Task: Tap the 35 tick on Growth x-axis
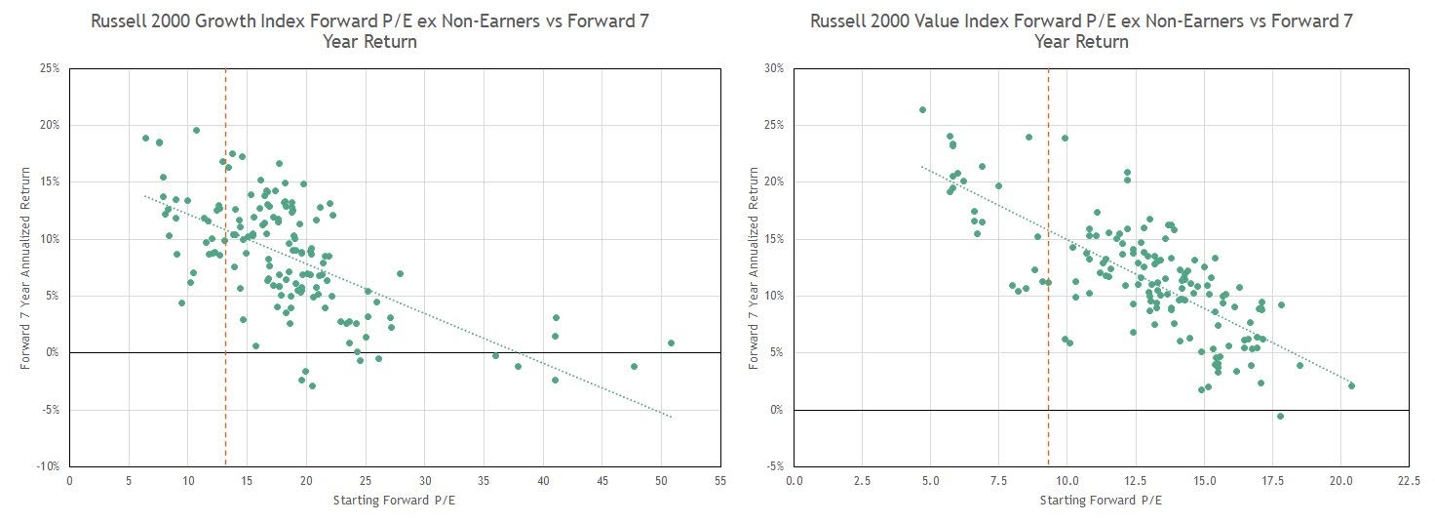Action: click(484, 480)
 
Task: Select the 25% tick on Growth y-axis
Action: click(49, 68)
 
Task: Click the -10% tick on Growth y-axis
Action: click(47, 466)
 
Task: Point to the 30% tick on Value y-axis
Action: click(774, 68)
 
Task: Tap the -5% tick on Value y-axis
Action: click(774, 466)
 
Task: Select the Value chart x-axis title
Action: click(1100, 501)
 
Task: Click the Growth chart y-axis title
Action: click(27, 267)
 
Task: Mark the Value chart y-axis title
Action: click(753, 267)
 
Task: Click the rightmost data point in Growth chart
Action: click(671, 342)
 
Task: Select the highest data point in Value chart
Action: click(922, 109)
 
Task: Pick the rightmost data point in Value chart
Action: click(1351, 385)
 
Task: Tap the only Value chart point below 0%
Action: click(1280, 416)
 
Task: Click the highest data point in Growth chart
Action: click(196, 130)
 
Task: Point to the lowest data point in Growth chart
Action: click(312, 385)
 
